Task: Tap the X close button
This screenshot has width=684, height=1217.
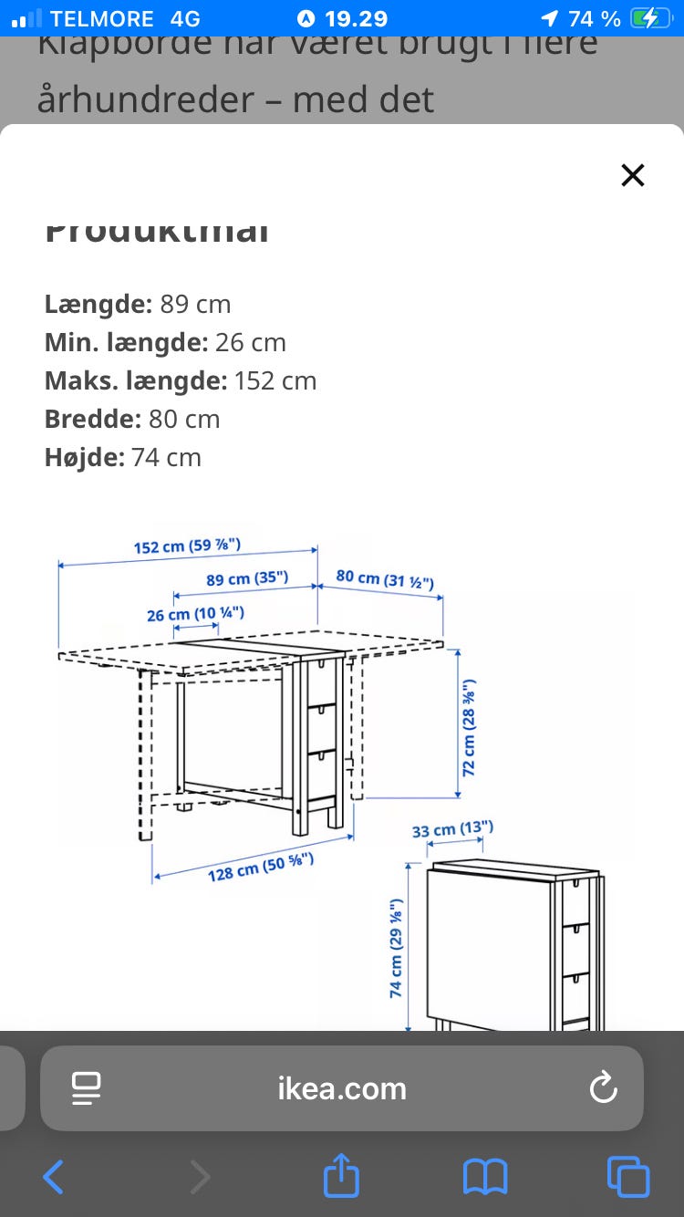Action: click(632, 175)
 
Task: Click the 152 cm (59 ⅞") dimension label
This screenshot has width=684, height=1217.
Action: click(187, 546)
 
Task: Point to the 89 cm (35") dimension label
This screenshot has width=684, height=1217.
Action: click(247, 578)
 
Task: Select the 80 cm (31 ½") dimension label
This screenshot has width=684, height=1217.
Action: click(384, 578)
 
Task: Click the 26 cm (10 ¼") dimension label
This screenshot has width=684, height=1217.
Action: click(195, 614)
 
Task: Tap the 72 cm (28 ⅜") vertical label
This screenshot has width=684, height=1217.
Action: click(469, 727)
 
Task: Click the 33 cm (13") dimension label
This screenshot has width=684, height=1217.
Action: click(452, 829)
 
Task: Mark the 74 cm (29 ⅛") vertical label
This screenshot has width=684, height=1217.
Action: click(397, 948)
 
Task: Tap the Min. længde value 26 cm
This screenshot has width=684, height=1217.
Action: click(251, 342)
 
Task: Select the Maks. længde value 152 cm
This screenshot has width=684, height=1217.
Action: click(275, 380)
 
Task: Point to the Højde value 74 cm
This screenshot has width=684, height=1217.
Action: click(166, 457)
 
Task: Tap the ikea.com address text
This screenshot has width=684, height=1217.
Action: click(342, 1088)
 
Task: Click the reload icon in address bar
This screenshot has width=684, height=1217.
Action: click(603, 1087)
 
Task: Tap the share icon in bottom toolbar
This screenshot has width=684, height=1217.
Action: click(342, 1176)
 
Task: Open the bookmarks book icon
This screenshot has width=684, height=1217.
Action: click(484, 1177)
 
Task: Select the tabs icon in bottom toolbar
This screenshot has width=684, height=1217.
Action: click(628, 1177)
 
